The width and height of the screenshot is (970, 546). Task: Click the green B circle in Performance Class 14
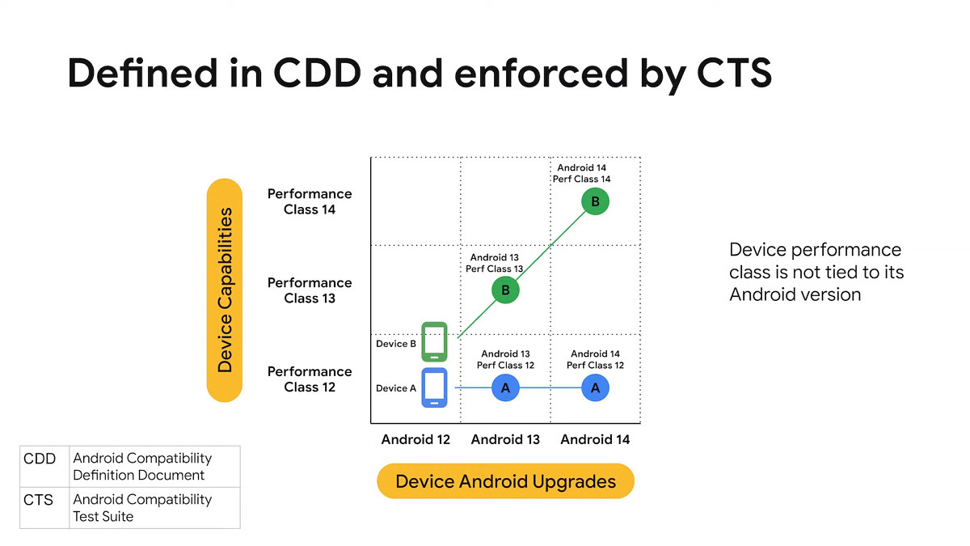(595, 202)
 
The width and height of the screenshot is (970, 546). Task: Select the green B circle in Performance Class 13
(505, 290)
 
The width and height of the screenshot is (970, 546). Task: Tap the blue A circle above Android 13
(505, 388)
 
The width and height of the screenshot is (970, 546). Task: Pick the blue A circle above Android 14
(595, 388)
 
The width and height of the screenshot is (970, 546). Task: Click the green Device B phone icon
(434, 341)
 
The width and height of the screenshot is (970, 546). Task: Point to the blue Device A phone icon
(434, 387)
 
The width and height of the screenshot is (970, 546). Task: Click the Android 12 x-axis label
(415, 439)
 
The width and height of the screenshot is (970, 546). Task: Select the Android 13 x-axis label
(505, 439)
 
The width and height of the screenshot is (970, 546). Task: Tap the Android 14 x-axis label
(595, 439)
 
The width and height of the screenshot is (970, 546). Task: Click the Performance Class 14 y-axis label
(310, 201)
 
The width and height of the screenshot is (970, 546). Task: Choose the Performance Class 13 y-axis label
(310, 290)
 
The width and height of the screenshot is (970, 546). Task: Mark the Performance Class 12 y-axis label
(310, 379)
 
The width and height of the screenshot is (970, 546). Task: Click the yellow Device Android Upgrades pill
(505, 482)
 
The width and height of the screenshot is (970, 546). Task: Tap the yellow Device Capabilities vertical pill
(225, 290)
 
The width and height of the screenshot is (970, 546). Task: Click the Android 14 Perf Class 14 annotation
(582, 173)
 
